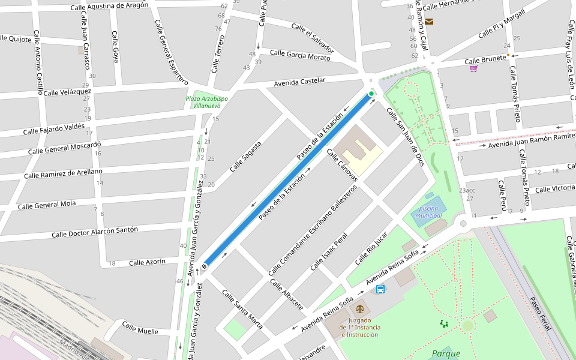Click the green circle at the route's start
pos(371,94)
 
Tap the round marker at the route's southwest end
pos(205,266)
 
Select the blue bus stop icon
pos(380,289)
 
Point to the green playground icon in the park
pos(444,323)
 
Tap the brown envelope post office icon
pos(429,22)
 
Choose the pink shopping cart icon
pos(473,68)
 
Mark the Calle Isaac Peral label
pos(329,252)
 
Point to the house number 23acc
pos(467,190)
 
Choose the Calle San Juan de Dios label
pos(405,137)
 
